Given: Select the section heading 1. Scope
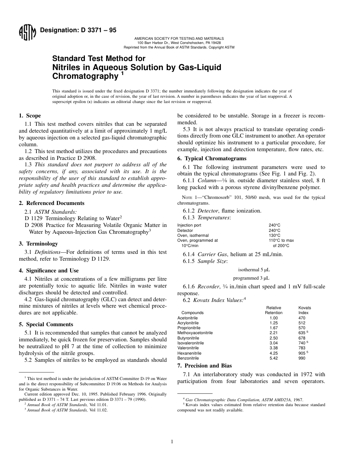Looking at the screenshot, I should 30,116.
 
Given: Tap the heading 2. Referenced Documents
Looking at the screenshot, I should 52,203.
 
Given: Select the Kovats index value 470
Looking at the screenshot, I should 302,318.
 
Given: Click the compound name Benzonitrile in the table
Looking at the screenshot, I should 188,358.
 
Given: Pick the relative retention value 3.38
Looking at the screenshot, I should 274,348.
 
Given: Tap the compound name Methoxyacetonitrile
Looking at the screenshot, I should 195,333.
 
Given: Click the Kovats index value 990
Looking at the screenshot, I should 302,358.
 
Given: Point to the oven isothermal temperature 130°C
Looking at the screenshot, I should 274,235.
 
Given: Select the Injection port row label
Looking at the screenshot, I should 189,225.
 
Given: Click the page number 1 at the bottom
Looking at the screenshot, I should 172,441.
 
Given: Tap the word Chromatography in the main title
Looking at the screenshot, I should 85,77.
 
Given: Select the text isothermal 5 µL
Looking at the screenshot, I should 254,270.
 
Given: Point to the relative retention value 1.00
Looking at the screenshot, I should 274,318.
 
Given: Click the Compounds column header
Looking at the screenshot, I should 193,313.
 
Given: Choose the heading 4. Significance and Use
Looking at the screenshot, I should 49,271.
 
